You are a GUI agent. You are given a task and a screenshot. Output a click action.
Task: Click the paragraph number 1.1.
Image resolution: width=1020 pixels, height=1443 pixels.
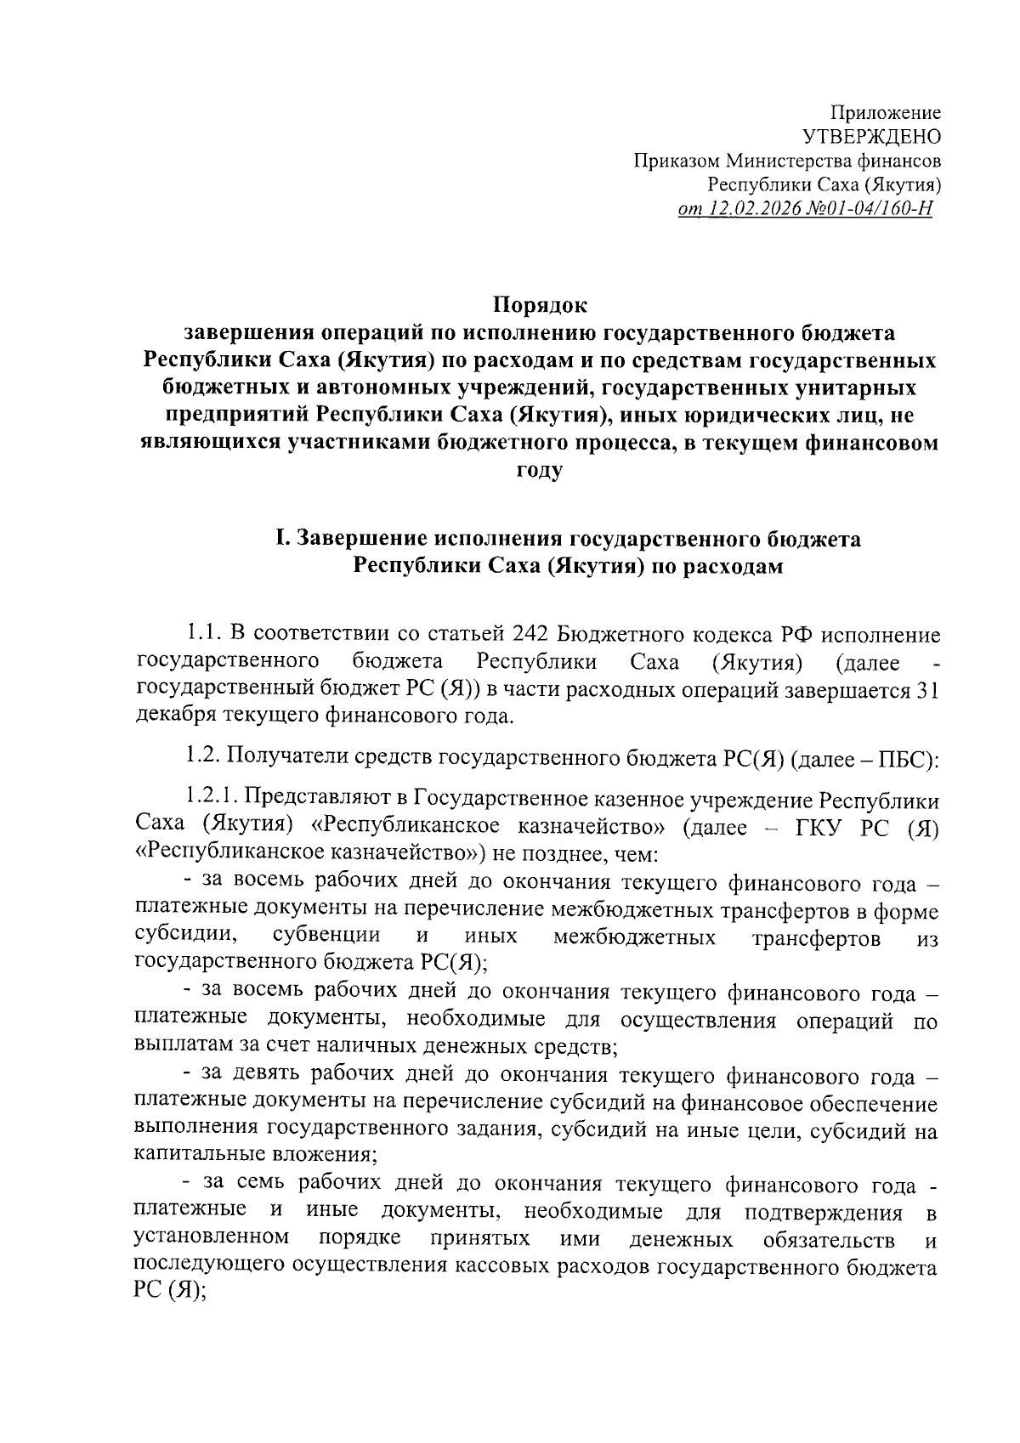pyautogui.click(x=203, y=635)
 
